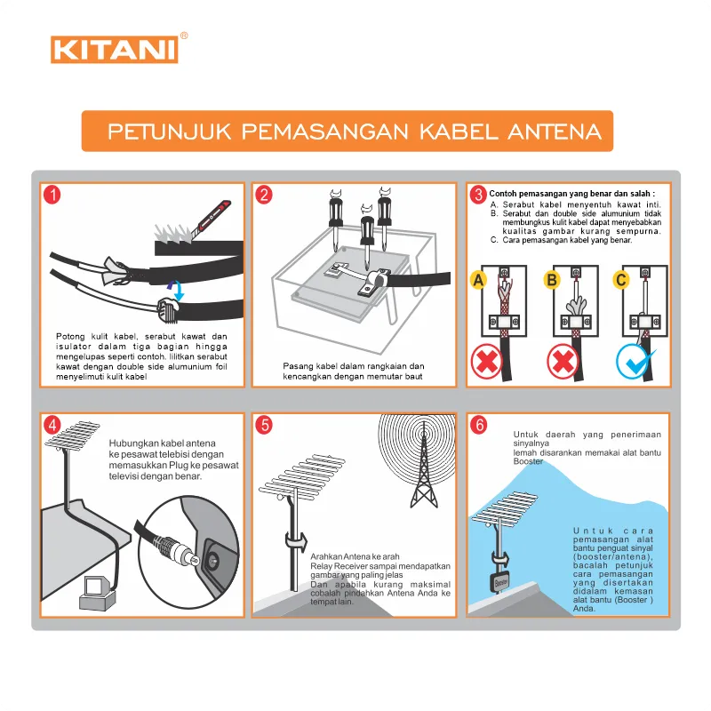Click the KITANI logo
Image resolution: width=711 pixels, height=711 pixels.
(x=115, y=48)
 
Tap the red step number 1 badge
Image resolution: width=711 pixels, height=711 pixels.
(x=53, y=196)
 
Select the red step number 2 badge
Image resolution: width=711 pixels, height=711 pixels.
(x=264, y=196)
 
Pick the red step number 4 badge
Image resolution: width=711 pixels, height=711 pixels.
(x=53, y=425)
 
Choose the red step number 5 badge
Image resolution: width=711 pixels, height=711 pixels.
(x=264, y=425)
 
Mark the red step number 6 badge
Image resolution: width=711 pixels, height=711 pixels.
(x=478, y=425)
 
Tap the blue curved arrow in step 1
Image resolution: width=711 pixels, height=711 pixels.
(x=177, y=290)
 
